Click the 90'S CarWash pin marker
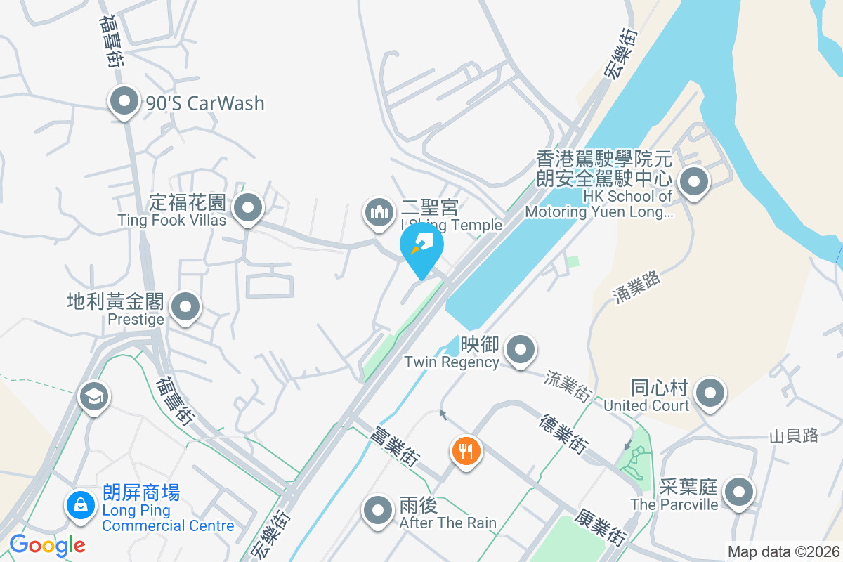point(124,102)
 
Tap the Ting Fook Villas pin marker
point(247,208)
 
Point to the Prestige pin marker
point(185,307)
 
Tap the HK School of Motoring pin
point(694,182)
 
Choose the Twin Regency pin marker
point(520,349)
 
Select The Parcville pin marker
point(739,492)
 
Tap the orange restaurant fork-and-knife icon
point(466,450)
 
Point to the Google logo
point(47,544)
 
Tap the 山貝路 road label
point(794,436)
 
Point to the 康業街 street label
point(601,528)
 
